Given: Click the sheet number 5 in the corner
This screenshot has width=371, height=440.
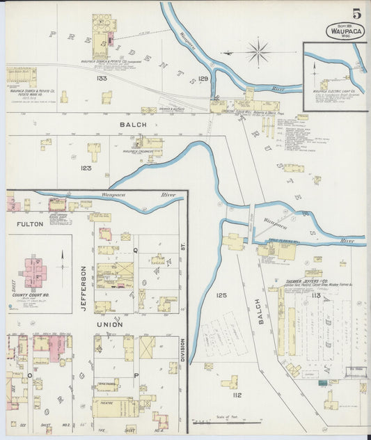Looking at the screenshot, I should (356, 13).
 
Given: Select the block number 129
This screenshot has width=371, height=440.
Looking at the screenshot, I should (203, 79).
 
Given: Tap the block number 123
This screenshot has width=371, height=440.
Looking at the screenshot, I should (86, 168).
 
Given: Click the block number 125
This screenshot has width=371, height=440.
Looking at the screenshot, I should (221, 295).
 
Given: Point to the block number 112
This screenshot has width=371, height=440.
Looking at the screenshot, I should (217, 395).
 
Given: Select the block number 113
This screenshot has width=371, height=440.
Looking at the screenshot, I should (315, 295).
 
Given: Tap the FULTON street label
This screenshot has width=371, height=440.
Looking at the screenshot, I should (30, 224).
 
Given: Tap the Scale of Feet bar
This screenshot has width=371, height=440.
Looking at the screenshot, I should (217, 421).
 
